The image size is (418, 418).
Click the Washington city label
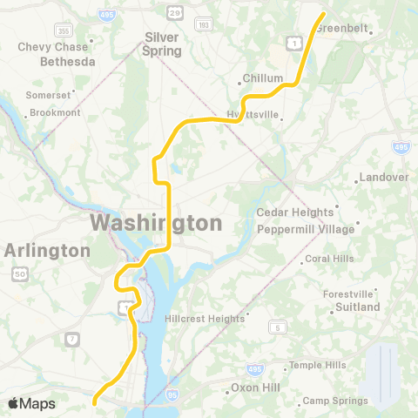(x=156, y=223)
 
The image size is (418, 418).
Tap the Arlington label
(x=47, y=251)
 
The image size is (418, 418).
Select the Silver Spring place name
(x=162, y=44)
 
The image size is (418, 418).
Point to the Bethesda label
(x=68, y=63)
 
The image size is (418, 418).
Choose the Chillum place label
(x=264, y=78)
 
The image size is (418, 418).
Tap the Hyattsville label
(x=253, y=114)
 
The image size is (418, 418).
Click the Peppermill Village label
(x=306, y=229)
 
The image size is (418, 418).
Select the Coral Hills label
(x=329, y=259)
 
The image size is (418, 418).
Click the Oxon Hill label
(x=253, y=387)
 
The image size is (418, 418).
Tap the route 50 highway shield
(x=18, y=274)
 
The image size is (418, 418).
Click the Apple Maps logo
(x=31, y=403)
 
